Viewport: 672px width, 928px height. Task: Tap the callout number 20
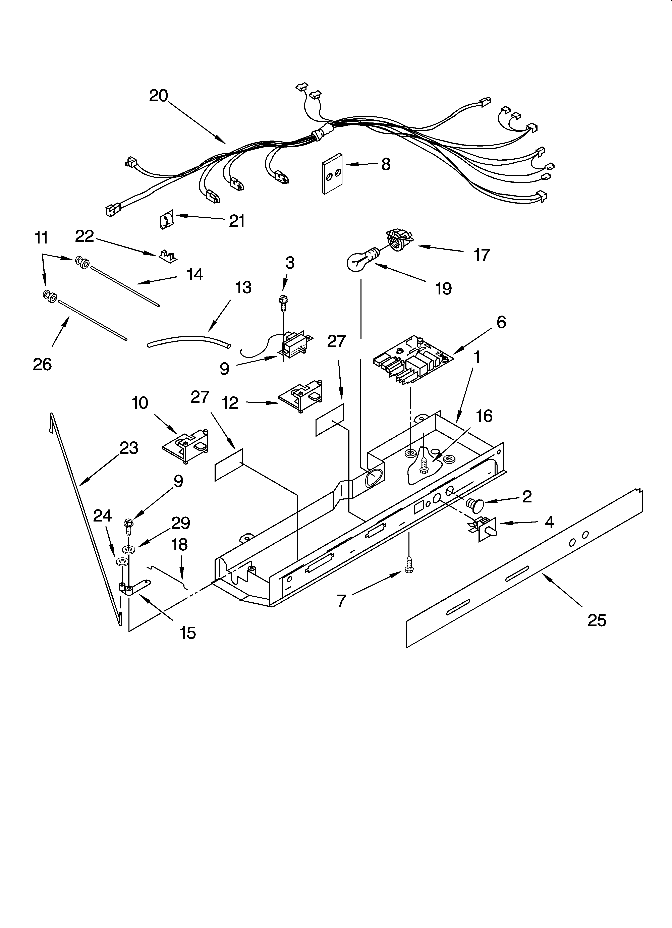pyautogui.click(x=158, y=96)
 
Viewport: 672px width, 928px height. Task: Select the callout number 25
pyautogui.click(x=596, y=621)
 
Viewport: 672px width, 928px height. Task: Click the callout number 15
pyautogui.click(x=187, y=633)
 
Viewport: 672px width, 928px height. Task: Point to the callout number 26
pyautogui.click(x=42, y=364)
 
